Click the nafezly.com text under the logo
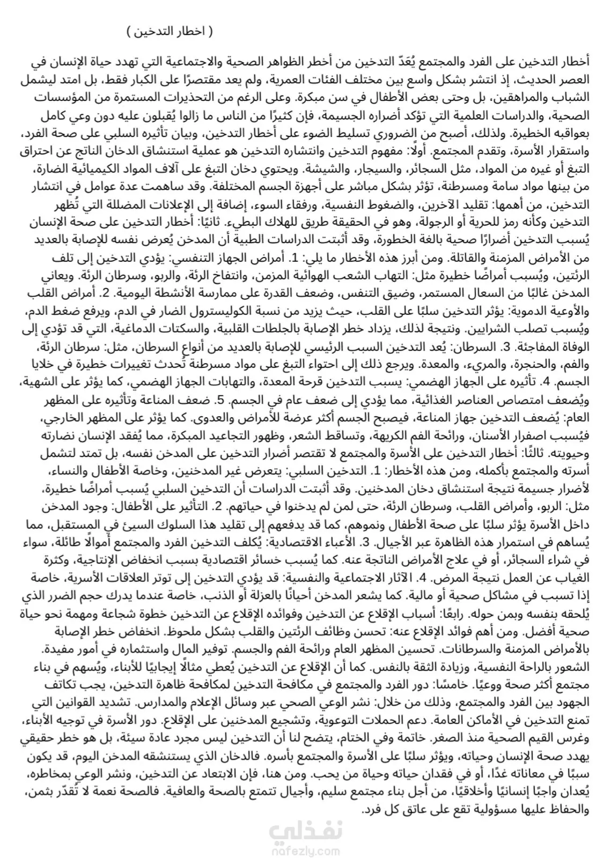(x=305, y=850)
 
